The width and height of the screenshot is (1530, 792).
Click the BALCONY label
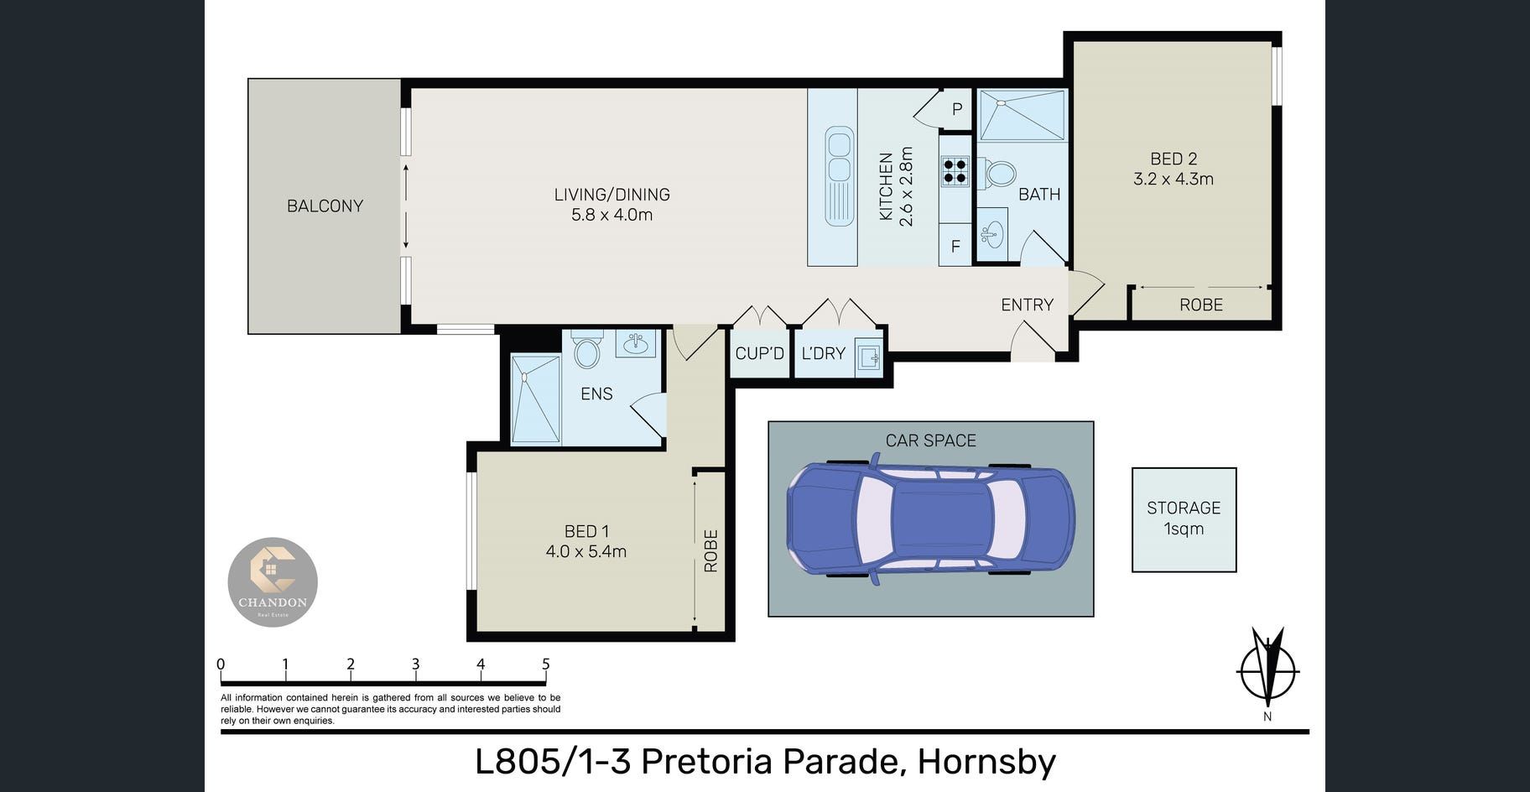click(x=325, y=206)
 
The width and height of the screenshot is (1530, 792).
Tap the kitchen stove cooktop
click(x=955, y=170)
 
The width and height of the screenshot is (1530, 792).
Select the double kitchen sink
click(x=839, y=175)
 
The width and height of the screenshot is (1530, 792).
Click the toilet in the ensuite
click(x=587, y=348)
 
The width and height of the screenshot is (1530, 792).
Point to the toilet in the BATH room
click(x=998, y=175)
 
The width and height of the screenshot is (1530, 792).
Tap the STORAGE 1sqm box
click(x=1184, y=519)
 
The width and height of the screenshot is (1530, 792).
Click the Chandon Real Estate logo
click(x=273, y=581)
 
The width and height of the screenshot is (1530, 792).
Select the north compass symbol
click(x=1267, y=672)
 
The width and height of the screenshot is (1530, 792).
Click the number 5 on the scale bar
click(x=546, y=664)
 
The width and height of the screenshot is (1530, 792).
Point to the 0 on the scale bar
click(x=221, y=664)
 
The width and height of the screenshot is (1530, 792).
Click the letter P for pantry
click(x=957, y=109)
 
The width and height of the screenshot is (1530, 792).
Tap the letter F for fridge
click(x=955, y=247)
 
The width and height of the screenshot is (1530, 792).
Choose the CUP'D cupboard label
click(x=760, y=353)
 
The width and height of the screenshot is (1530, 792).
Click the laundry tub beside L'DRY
click(x=868, y=358)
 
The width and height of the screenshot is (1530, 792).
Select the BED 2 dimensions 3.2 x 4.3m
click(x=1174, y=179)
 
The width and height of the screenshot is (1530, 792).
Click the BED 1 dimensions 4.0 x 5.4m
click(x=586, y=551)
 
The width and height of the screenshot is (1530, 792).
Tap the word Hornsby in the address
click(x=986, y=762)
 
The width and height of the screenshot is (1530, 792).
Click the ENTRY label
click(x=1028, y=305)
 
